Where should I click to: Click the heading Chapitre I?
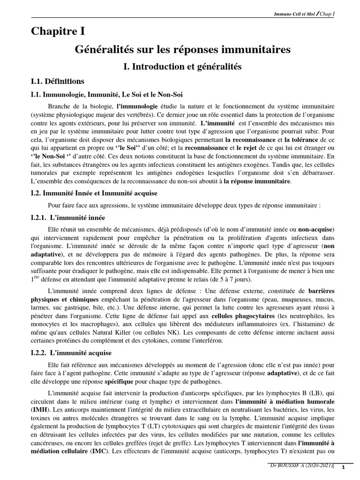coord(58,32)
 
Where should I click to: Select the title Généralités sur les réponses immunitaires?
coord(183,49)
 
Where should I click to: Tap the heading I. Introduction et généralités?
coord(181,67)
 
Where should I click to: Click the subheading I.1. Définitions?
coord(58,81)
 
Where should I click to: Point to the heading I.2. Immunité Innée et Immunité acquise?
coord(94,193)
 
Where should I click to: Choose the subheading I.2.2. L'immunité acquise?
coord(71,352)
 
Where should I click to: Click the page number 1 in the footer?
coord(343,468)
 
